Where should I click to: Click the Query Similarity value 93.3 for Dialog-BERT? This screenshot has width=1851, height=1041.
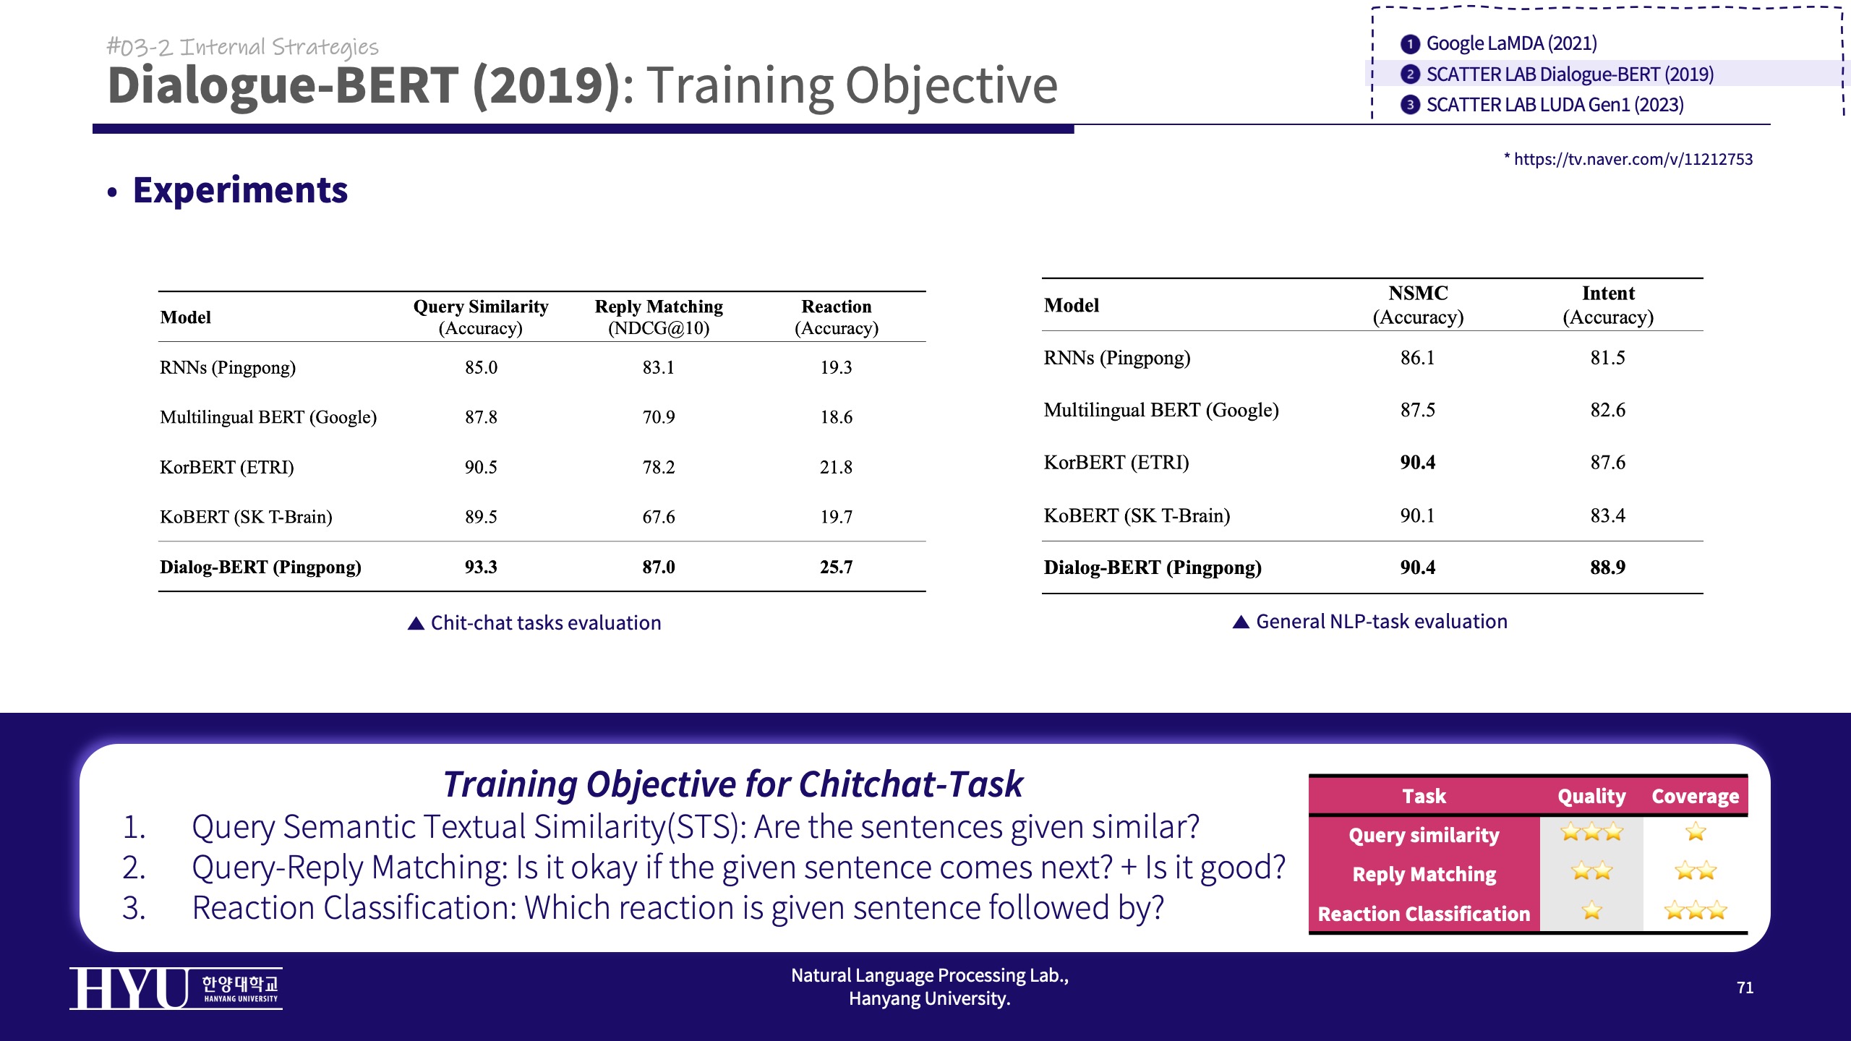click(x=481, y=567)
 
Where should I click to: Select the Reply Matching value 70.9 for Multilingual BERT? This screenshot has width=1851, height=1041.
click(x=659, y=417)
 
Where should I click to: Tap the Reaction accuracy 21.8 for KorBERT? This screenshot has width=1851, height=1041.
click(x=836, y=467)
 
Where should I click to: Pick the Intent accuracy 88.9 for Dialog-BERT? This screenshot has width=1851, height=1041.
click(x=1607, y=567)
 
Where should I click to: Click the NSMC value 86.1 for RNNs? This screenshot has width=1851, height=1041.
click(x=1417, y=358)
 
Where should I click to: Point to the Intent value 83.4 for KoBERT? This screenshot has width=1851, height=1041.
click(x=1607, y=515)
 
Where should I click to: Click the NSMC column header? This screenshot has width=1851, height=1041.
click(x=1418, y=305)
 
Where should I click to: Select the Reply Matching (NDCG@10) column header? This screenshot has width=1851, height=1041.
click(x=659, y=317)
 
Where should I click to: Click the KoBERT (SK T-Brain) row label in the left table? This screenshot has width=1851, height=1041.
click(x=246, y=517)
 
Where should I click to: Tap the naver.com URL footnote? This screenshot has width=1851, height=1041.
click(x=1628, y=159)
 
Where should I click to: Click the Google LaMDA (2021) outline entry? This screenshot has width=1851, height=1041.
click(x=1500, y=43)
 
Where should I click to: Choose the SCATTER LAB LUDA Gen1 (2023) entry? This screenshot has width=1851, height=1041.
click(x=1542, y=105)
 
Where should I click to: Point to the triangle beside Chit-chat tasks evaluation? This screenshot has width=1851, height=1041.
click(x=416, y=623)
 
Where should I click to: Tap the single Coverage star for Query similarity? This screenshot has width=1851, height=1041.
click(x=1696, y=832)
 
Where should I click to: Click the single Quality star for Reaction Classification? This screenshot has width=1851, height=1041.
click(x=1591, y=910)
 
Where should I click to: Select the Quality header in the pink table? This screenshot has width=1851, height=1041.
click(x=1591, y=796)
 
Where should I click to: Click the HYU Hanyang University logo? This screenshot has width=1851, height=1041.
click(x=176, y=988)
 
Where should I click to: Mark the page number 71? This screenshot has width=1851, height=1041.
click(x=1745, y=988)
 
